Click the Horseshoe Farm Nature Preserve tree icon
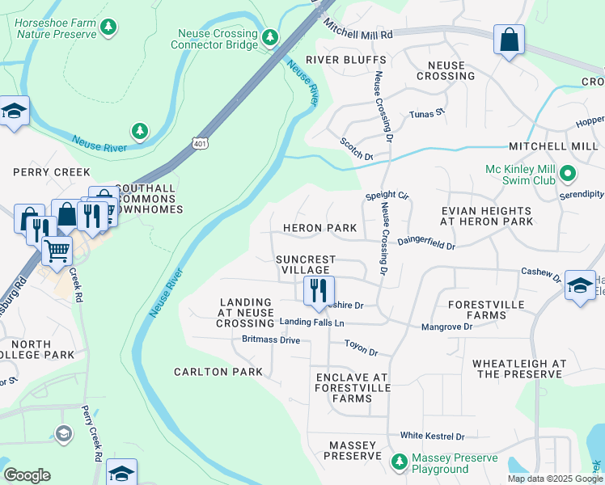(108, 27)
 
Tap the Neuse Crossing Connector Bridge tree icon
(270, 38)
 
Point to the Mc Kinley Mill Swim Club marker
(568, 174)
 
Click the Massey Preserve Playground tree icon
(398, 462)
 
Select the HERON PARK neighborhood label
(319, 229)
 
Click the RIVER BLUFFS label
(334, 60)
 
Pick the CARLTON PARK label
(218, 372)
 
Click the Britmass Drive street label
(271, 339)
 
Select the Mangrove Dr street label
(446, 327)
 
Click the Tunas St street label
(427, 114)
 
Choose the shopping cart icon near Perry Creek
(56, 250)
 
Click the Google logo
(27, 475)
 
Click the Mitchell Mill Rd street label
(358, 31)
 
